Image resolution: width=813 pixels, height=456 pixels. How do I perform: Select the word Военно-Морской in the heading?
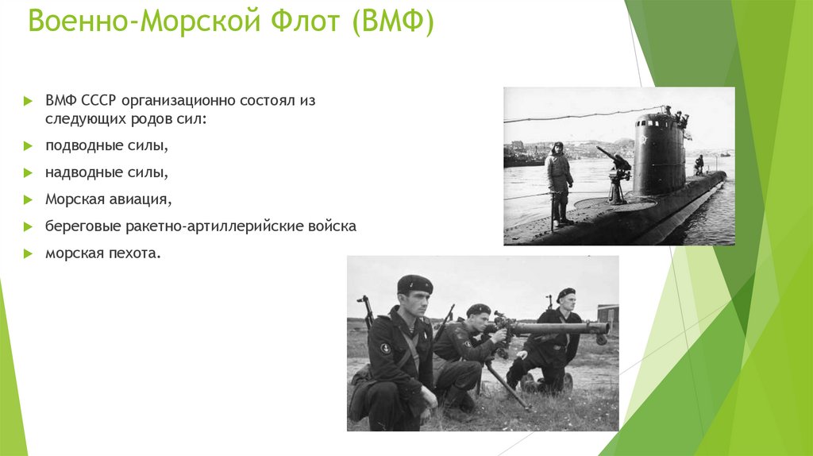[142, 23]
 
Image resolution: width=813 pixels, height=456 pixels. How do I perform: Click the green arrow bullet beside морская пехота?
[28, 254]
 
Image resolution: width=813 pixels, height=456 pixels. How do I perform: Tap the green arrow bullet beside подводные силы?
[28, 147]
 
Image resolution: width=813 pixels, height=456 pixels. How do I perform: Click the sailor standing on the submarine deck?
[559, 181]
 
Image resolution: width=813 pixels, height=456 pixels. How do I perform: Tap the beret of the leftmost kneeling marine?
[414, 284]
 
